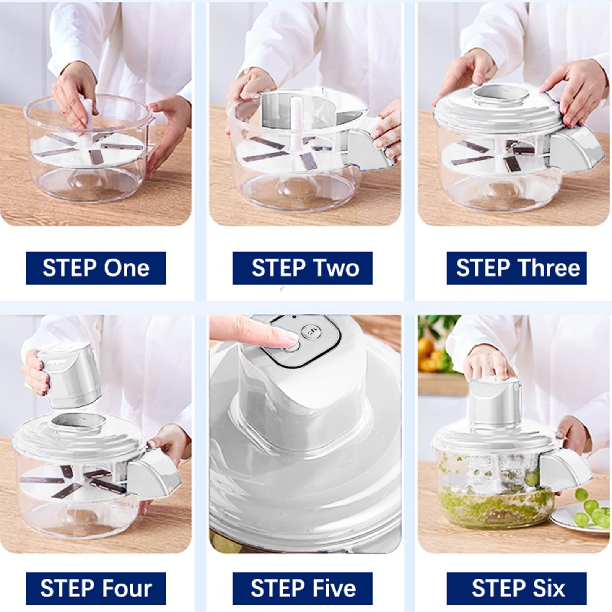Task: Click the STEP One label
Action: (x=96, y=268)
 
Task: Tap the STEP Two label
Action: (x=302, y=268)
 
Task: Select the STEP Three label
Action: (x=516, y=268)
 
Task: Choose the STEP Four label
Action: (x=96, y=588)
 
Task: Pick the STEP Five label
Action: (x=302, y=588)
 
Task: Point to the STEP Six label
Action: (x=516, y=588)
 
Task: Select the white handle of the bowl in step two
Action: (x=370, y=147)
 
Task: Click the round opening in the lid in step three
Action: (x=501, y=93)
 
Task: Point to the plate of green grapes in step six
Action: (x=581, y=514)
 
